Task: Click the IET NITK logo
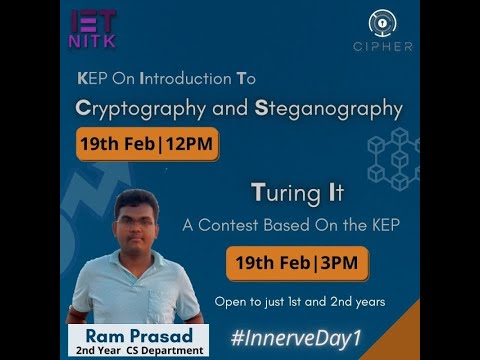92,29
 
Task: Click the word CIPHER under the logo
382,47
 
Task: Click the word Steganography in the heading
329,108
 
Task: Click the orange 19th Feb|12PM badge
147,144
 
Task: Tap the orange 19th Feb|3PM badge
297,264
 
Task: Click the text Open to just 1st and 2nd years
300,301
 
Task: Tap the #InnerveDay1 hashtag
296,336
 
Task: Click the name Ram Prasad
137,334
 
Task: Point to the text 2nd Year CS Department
137,350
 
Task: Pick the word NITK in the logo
92,42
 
